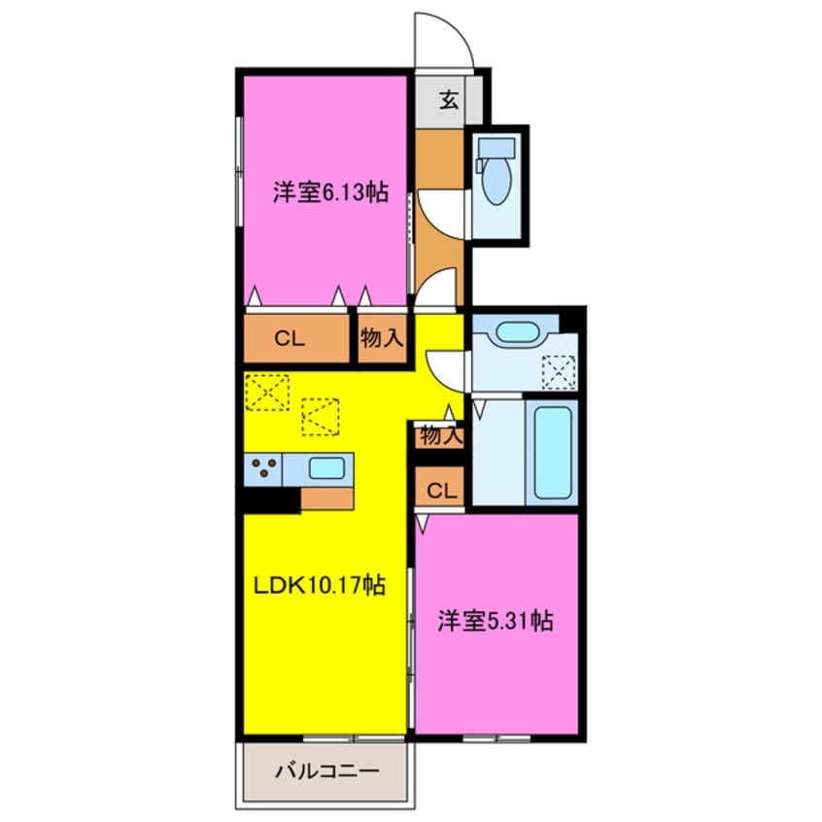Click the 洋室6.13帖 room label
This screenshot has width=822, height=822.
[330, 192]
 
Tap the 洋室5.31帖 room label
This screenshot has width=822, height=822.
[495, 621]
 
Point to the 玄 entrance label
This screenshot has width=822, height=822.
[449, 99]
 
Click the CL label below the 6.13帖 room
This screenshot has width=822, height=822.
[289, 339]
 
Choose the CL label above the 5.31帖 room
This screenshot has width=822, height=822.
[440, 490]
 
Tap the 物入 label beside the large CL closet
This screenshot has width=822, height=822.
[382, 339]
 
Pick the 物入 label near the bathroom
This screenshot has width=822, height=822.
[440, 436]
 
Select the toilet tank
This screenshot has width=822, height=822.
[497, 149]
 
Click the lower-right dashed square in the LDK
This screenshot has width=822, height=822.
[321, 416]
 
